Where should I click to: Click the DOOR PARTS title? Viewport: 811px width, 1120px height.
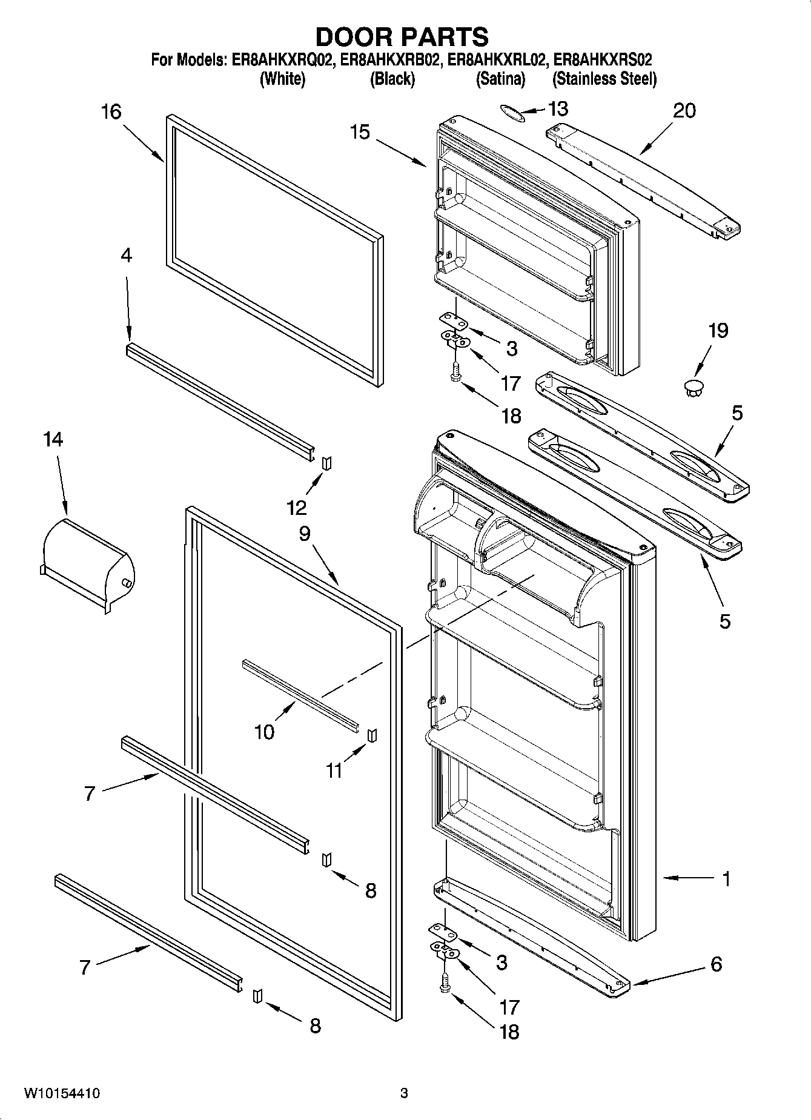(x=402, y=37)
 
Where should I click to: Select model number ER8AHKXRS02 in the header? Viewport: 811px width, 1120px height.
(x=604, y=60)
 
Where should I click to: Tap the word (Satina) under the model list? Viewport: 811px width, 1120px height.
(x=500, y=79)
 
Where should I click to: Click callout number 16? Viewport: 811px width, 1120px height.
(x=111, y=111)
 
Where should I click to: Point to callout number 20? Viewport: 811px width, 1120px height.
(x=684, y=110)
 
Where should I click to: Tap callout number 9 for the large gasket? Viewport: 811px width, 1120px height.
(x=304, y=533)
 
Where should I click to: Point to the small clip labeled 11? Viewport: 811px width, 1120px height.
(x=372, y=734)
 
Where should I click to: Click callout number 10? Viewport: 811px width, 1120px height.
(x=264, y=732)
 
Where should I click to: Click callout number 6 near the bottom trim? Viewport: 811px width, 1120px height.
(x=716, y=964)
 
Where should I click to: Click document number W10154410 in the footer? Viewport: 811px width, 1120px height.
(x=62, y=1093)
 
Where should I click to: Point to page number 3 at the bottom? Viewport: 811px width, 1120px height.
(x=404, y=1093)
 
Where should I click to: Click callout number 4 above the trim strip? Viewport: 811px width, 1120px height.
(x=126, y=256)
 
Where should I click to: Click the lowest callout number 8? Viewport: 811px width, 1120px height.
(x=315, y=1026)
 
